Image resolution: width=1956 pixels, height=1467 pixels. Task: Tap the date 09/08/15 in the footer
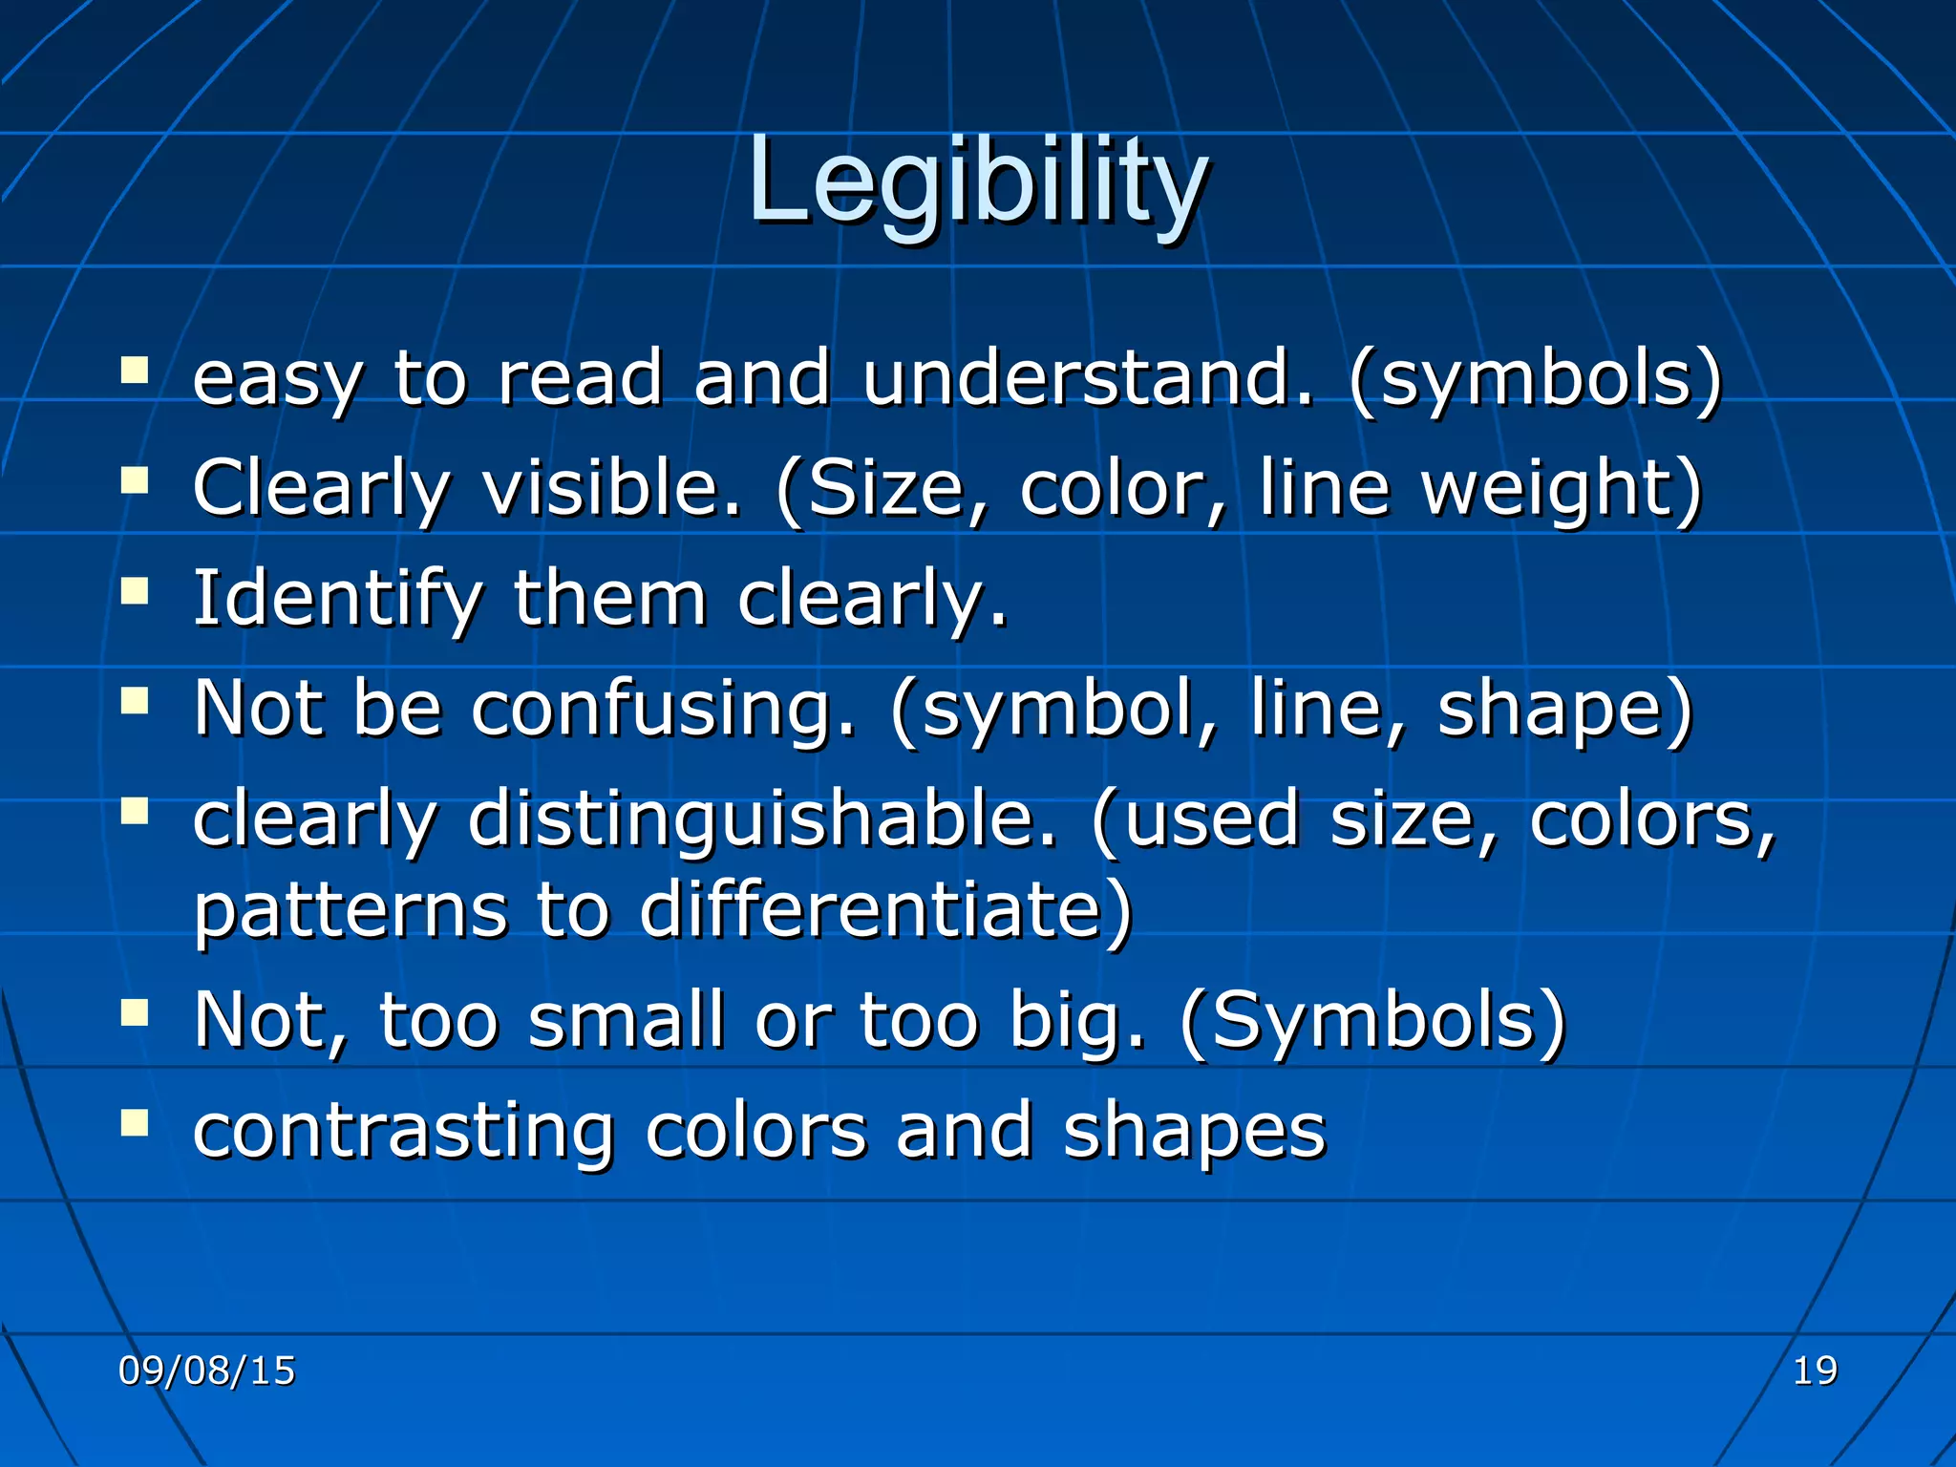click(x=206, y=1371)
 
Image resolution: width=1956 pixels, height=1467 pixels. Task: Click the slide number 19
click(x=1814, y=1371)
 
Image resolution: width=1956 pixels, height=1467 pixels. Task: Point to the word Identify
click(x=337, y=599)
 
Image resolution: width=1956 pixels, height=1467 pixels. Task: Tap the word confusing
click(x=663, y=710)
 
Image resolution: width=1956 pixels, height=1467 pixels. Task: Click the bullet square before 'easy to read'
click(x=135, y=370)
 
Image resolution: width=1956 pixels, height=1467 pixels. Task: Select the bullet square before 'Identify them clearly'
click(x=135, y=591)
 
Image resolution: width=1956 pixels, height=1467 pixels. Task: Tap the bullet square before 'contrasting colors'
click(x=135, y=1123)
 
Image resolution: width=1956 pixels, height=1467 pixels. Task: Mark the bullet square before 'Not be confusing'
click(x=135, y=702)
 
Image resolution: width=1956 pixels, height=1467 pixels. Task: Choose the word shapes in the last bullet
click(x=1194, y=1133)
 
